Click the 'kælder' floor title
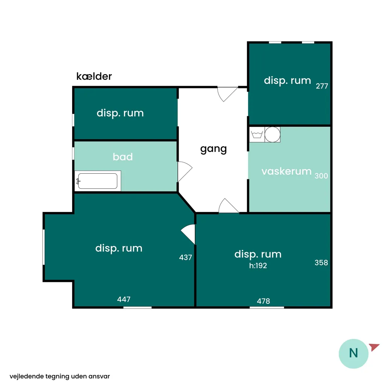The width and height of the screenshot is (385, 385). coord(94,76)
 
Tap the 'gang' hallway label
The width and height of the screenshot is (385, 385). coord(214,149)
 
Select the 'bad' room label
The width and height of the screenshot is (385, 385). coord(123,157)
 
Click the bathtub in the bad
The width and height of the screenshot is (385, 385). coord(98,181)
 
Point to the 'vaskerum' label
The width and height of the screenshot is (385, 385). coord(286,171)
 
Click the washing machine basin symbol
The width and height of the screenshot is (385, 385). coord(257,135)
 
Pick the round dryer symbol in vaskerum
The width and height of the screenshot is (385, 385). coord(273,135)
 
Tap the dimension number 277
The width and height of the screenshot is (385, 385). coord(322,86)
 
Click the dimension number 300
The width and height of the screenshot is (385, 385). coord(321,176)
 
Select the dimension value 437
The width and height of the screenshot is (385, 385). coord(186,257)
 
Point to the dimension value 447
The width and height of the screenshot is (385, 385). coord(124,299)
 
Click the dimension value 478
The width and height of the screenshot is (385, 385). coord(264,301)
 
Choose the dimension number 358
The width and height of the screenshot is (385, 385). coord(321,262)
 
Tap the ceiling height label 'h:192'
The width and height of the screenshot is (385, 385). coord(258,266)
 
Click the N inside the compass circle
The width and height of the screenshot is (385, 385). coord(353,353)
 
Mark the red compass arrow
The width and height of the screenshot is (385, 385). coord(374,347)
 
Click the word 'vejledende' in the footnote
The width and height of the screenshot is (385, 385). coord(27,376)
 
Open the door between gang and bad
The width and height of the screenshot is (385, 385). coord(185,171)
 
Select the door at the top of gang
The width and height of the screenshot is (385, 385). coord(227,94)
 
